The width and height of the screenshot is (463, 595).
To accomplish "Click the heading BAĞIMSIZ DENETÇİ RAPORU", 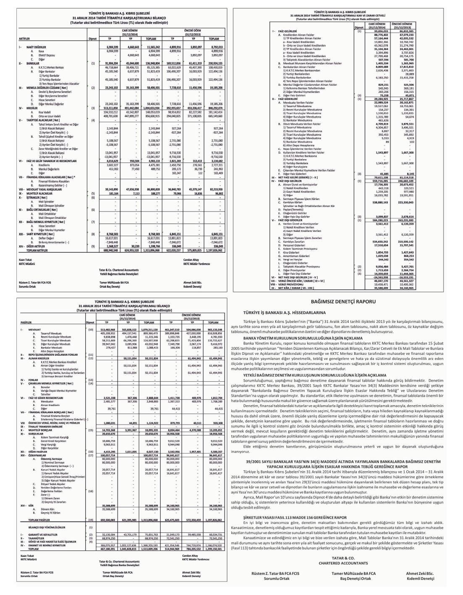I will pyautogui.click(x=343, y=301).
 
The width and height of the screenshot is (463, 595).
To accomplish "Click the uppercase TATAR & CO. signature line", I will pyautogui.click(x=343, y=558).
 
